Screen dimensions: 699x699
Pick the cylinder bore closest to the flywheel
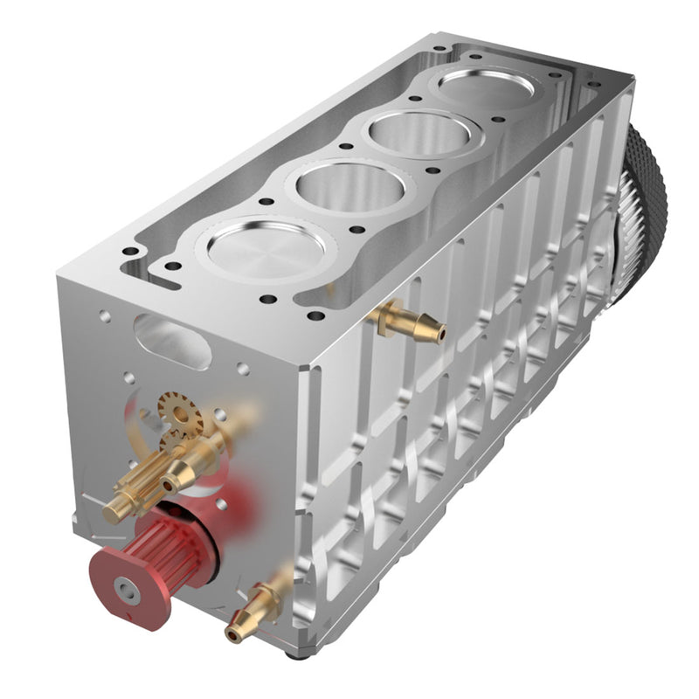pos(487,88)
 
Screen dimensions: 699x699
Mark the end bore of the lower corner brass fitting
pos(232,633)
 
